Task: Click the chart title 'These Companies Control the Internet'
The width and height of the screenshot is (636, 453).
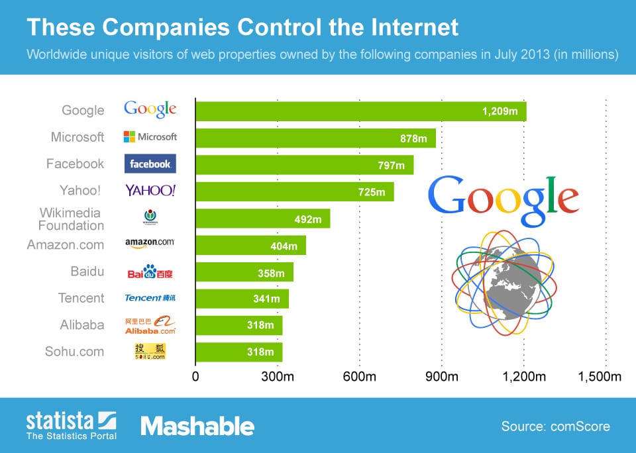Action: pyautogui.click(x=242, y=27)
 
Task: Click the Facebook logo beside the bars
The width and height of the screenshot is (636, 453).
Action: pyautogui.click(x=150, y=164)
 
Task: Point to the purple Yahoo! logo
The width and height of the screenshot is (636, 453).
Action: pyautogui.click(x=150, y=191)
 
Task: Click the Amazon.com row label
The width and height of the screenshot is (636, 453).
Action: pyautogui.click(x=66, y=245)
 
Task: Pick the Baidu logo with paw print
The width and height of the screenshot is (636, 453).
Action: pyautogui.click(x=150, y=272)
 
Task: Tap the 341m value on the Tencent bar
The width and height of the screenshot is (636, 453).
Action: pyautogui.click(x=266, y=299)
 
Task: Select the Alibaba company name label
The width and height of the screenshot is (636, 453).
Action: pyautogui.click(x=81, y=325)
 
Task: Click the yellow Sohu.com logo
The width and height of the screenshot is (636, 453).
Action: pyautogui.click(x=150, y=352)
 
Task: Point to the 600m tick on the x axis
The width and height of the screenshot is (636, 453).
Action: pyautogui.click(x=360, y=377)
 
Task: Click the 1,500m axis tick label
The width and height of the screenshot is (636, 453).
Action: pyautogui.click(x=600, y=377)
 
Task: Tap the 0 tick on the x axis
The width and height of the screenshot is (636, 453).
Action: pyautogui.click(x=195, y=377)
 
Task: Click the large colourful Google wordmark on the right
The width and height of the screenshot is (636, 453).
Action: pyautogui.click(x=503, y=199)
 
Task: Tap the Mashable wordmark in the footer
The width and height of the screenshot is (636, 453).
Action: pyautogui.click(x=197, y=426)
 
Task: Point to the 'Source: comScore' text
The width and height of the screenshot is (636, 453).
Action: pyautogui.click(x=555, y=427)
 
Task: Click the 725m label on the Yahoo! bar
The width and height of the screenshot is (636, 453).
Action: pyautogui.click(x=371, y=192)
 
